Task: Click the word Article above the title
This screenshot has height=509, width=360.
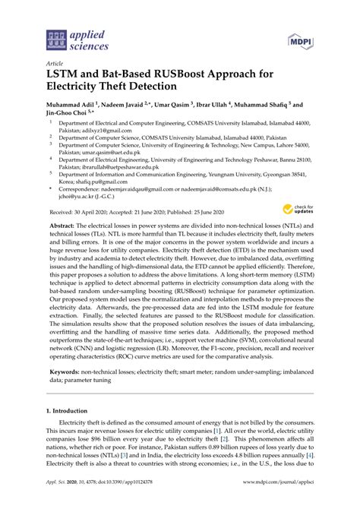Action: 55,65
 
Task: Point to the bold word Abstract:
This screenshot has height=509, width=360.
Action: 63,226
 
